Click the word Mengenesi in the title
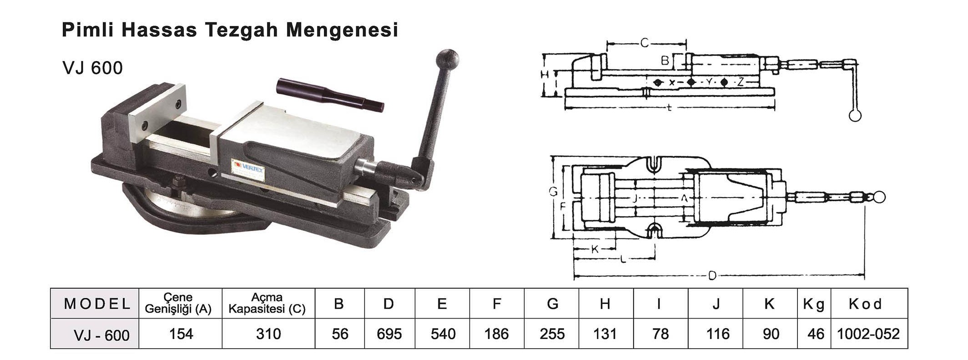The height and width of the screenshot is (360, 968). [342, 30]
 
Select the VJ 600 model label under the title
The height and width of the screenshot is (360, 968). [93, 68]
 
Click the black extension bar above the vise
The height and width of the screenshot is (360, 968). [330, 95]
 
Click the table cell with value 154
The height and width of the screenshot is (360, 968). [181, 334]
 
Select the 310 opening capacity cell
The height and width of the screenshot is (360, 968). [268, 334]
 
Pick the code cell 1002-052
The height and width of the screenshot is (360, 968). [868, 334]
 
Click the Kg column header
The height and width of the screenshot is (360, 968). [814, 304]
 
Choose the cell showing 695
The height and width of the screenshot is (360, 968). [389, 334]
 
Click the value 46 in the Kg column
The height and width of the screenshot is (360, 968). [816, 334]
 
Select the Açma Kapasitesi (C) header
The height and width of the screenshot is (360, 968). [267, 304]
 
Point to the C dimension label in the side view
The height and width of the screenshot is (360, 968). [645, 43]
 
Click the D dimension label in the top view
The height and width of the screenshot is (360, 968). [712, 275]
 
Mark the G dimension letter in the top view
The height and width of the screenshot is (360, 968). [553, 192]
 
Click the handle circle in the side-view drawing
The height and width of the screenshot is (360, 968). [855, 116]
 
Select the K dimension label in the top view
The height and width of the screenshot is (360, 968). [595, 249]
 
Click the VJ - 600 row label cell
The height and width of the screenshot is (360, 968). [101, 335]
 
